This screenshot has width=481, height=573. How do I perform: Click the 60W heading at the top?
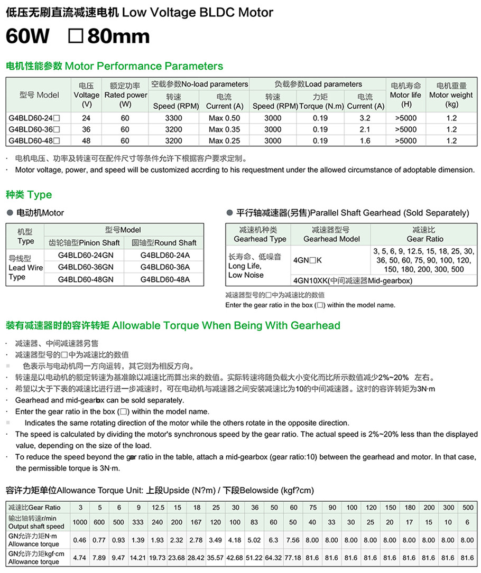[27, 36]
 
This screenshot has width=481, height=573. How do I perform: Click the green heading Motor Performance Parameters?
[114, 66]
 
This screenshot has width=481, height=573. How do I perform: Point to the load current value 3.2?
[365, 118]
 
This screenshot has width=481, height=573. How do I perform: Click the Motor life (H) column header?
[406, 95]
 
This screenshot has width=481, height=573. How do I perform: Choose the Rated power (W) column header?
[125, 95]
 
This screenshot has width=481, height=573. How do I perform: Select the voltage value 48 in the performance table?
[86, 141]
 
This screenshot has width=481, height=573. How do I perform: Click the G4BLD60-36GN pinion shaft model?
[86, 267]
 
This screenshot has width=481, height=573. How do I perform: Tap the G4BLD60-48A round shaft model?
[165, 279]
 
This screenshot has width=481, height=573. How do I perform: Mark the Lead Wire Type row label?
[24, 268]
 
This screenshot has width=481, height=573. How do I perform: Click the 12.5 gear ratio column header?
[158, 508]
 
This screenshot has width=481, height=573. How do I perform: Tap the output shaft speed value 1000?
[80, 522]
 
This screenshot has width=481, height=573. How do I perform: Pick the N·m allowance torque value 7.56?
[293, 540]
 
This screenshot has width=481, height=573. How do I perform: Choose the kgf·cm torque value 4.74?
[80, 558]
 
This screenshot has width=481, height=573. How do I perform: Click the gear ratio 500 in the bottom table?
[467, 508]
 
